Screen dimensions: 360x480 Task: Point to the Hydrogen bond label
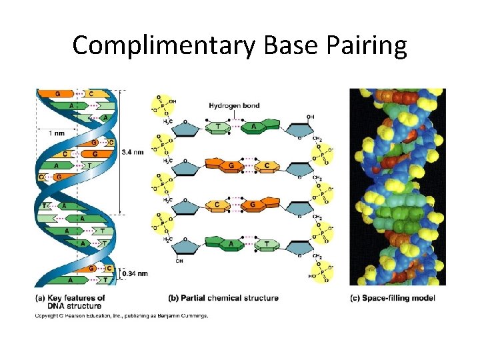(x=235, y=105)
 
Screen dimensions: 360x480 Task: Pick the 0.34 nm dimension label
(x=133, y=273)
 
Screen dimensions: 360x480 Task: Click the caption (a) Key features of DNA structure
(x=71, y=301)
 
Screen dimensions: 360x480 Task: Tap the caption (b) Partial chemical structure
(x=223, y=298)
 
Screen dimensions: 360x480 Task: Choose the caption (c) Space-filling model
(x=393, y=298)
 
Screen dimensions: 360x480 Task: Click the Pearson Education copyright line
(x=121, y=315)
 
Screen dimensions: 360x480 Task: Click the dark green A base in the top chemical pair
(x=254, y=127)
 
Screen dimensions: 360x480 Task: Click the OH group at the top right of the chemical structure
(x=310, y=117)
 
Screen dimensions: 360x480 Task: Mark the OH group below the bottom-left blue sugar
(x=179, y=261)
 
